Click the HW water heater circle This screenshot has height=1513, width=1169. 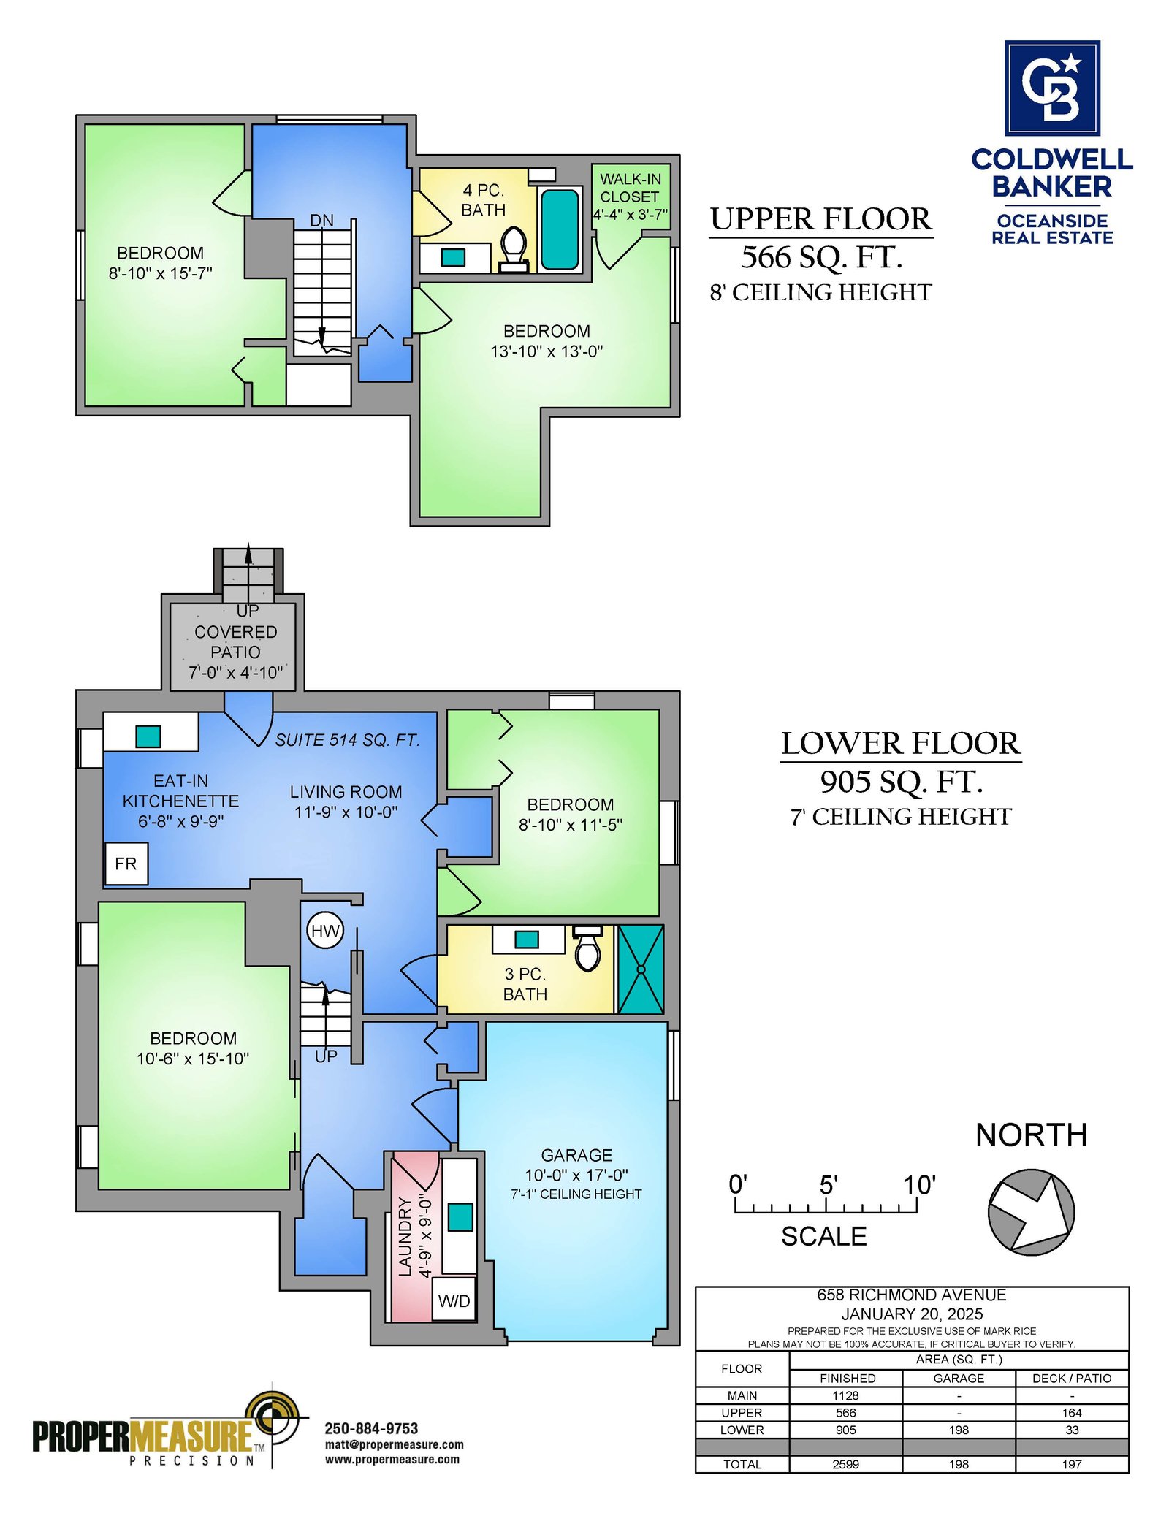click(325, 931)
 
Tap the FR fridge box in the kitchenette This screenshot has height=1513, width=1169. click(126, 864)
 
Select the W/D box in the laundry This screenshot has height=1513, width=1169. click(454, 1300)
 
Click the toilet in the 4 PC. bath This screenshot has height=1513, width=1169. click(514, 249)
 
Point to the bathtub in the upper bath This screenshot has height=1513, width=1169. click(560, 229)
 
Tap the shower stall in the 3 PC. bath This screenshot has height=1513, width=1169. click(641, 969)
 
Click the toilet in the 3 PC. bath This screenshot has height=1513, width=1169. click(588, 948)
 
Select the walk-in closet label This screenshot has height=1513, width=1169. click(630, 197)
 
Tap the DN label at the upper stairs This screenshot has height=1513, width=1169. click(321, 220)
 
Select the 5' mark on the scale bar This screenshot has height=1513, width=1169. click(828, 1184)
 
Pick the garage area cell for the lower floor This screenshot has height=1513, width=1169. click(959, 1430)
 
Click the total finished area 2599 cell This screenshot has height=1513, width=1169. click(845, 1464)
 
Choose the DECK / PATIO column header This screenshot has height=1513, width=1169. click(1072, 1378)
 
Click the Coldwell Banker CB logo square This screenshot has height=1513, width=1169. click(1052, 88)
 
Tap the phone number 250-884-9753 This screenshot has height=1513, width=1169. click(371, 1428)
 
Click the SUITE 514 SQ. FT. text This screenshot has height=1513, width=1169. click(348, 740)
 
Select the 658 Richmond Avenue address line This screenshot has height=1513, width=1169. click(911, 1295)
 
